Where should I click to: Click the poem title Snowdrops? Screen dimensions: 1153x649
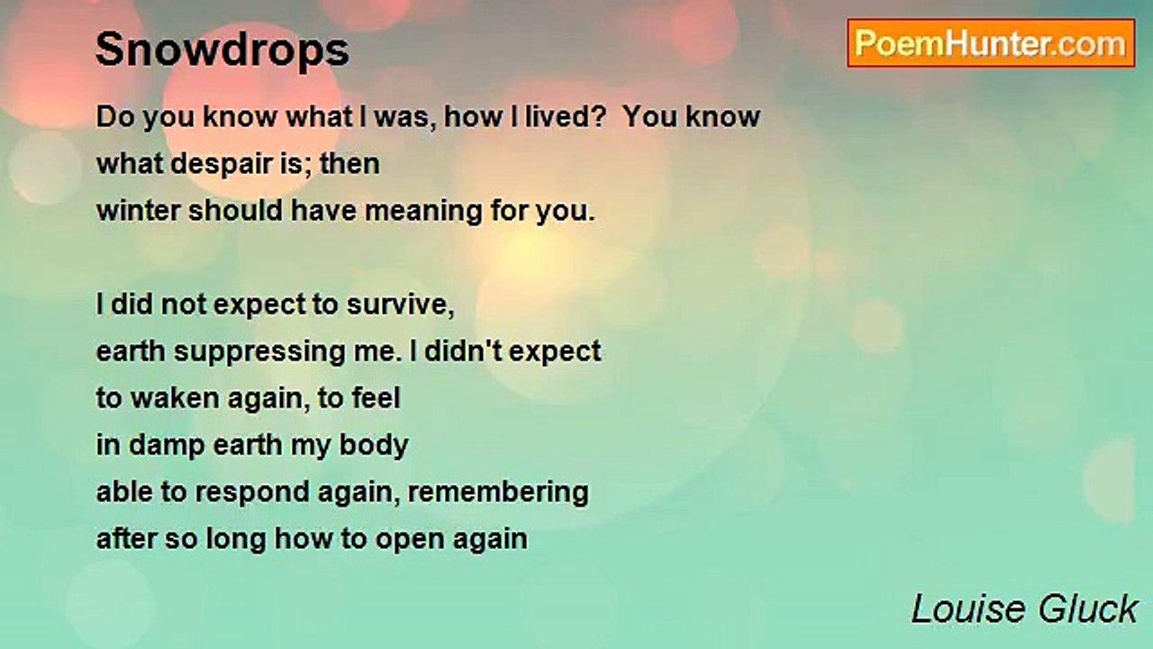pyautogui.click(x=222, y=50)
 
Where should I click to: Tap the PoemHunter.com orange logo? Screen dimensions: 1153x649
pyautogui.click(x=991, y=43)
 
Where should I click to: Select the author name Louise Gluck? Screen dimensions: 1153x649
pyautogui.click(x=1024, y=609)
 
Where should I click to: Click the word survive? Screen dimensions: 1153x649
pyautogui.click(x=401, y=305)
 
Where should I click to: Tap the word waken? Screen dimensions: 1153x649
pyautogui.click(x=175, y=398)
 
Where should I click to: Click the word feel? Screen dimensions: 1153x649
pyautogui.click(x=376, y=398)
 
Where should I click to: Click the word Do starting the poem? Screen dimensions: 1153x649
pyautogui.click(x=115, y=117)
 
